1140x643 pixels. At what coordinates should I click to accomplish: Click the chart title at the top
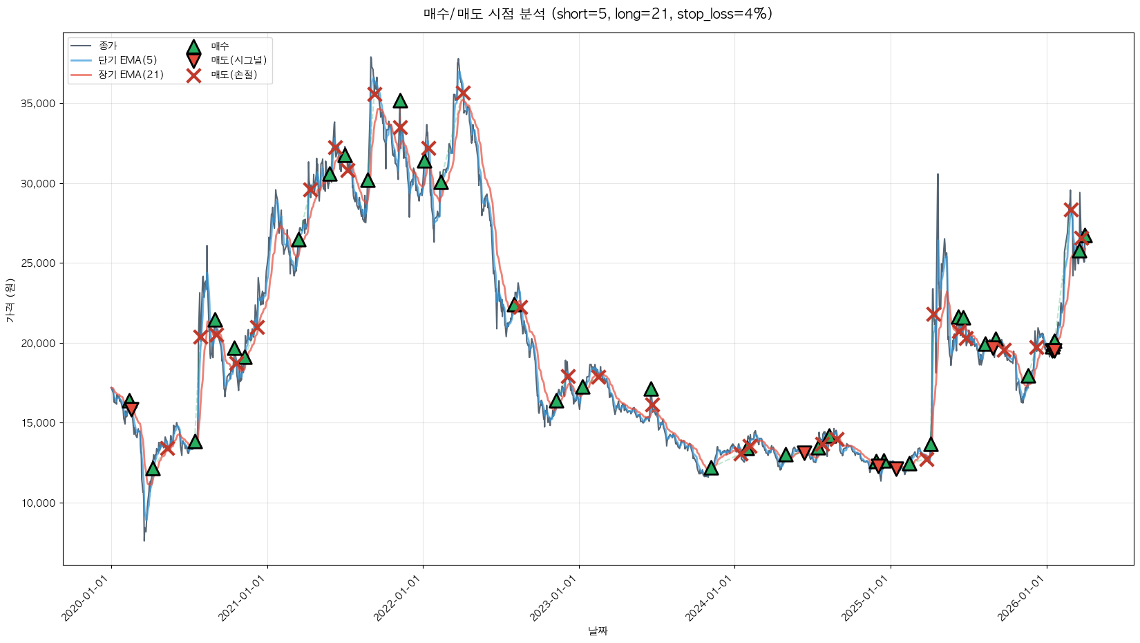[598, 14]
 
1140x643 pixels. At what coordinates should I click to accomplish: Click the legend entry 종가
[108, 46]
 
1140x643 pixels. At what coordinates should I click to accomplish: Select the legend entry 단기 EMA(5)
[127, 60]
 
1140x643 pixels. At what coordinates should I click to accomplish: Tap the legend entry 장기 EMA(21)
[131, 75]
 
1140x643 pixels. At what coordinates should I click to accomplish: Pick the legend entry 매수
[220, 46]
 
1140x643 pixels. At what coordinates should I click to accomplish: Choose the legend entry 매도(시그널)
[238, 60]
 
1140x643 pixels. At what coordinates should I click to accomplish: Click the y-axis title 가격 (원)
[10, 301]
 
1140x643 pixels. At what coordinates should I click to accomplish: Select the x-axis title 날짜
[598, 631]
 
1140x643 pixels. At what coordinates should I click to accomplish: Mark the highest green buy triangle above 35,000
[400, 101]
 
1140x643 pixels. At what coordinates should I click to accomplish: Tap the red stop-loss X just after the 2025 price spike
[933, 314]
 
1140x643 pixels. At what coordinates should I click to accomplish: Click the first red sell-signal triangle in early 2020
[131, 409]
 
